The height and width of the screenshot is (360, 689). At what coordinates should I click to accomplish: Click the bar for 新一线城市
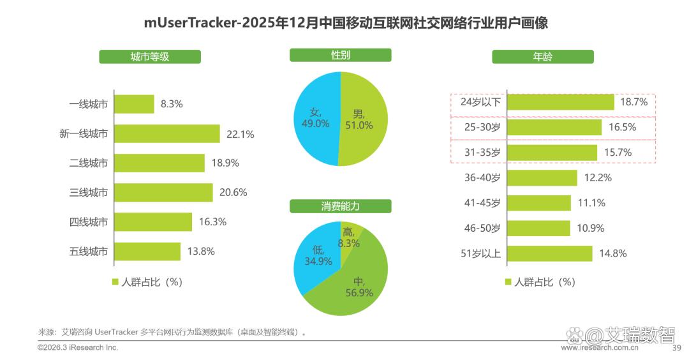click(167, 134)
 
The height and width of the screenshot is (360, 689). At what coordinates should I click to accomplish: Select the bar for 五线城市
click(147, 251)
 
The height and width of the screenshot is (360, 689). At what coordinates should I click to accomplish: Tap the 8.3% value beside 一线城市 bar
click(172, 104)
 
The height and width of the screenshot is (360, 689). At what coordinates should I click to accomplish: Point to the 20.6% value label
click(234, 193)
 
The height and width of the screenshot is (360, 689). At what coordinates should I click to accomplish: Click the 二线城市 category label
click(88, 163)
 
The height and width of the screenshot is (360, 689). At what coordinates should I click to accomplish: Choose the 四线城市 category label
click(88, 222)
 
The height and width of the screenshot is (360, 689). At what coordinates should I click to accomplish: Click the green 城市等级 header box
click(149, 57)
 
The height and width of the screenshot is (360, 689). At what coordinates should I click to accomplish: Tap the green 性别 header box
click(340, 56)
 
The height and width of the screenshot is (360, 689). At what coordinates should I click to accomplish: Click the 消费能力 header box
click(340, 206)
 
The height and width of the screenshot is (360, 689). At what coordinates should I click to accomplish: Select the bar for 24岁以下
click(560, 102)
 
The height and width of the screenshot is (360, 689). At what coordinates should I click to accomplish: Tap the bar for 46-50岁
click(538, 229)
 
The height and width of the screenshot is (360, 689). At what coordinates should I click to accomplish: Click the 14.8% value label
click(612, 254)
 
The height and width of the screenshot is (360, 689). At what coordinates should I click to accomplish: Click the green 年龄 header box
click(542, 57)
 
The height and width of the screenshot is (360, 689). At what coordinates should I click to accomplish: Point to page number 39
click(678, 349)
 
